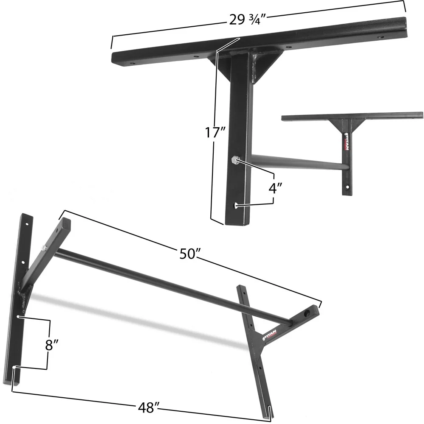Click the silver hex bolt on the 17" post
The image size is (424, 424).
pos(235,160)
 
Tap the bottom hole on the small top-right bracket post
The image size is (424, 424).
pos(346,186)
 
